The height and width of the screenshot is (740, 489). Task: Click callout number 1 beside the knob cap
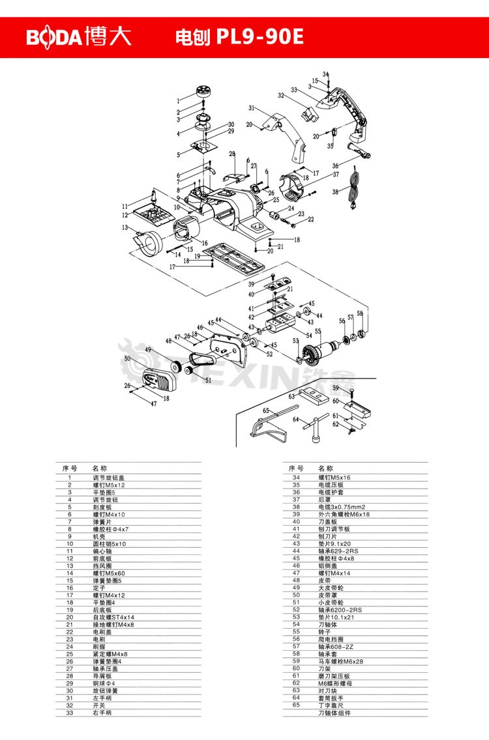177,100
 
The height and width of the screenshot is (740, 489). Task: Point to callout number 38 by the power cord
334,192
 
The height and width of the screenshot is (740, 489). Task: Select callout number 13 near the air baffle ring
124,227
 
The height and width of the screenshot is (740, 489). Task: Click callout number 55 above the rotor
318,331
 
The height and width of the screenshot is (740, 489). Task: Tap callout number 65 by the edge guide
266,410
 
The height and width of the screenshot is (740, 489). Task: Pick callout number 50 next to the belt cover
128,358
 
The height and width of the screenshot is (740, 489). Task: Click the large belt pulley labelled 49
175,366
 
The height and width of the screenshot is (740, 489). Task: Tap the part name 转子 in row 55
323,631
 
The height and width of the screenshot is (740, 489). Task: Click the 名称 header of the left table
99,468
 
